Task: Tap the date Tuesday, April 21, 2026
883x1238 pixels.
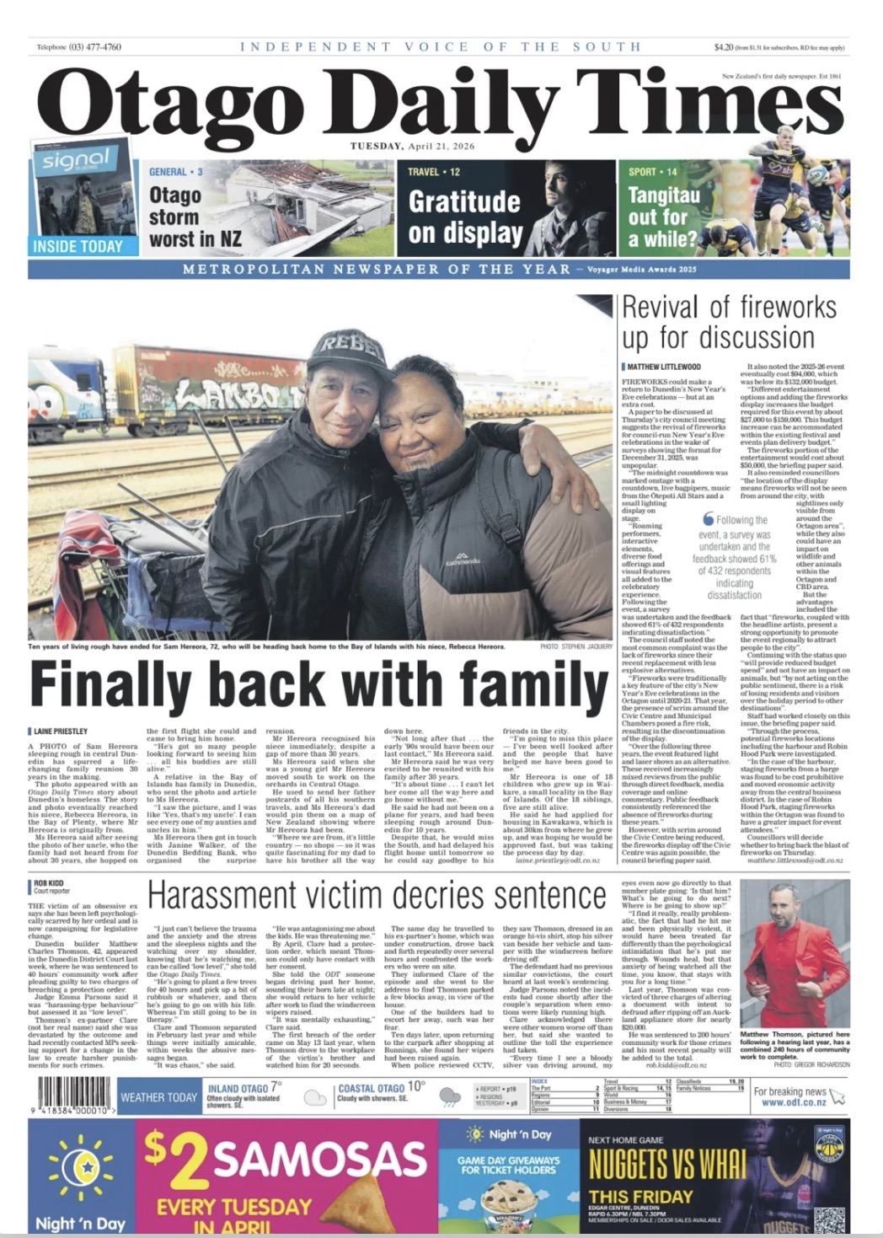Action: [x=412, y=146]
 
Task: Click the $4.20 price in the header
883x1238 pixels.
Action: [x=723, y=47]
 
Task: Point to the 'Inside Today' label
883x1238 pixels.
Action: [x=78, y=246]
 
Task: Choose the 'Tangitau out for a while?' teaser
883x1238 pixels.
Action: [x=663, y=217]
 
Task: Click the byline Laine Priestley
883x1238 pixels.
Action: [x=61, y=731]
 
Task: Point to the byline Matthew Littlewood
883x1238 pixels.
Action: [x=664, y=367]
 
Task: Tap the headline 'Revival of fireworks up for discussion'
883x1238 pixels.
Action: [x=729, y=322]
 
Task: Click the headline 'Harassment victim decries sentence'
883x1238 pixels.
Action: [x=376, y=896]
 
